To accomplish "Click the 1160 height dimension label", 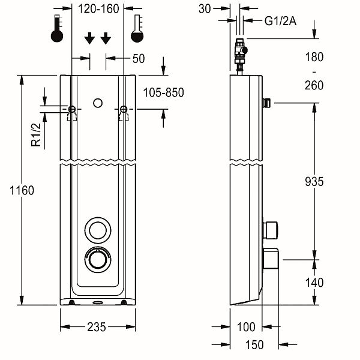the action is (22, 190).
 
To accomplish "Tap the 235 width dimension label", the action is (97, 327).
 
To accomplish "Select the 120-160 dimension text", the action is (98, 9).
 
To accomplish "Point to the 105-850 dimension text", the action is (163, 92).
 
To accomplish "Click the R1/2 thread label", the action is (36, 135).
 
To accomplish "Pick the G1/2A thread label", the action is (280, 22).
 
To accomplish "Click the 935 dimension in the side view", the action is (314, 182).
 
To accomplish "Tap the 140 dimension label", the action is (314, 283).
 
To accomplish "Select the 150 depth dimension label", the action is (254, 345).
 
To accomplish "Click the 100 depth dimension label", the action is (246, 327).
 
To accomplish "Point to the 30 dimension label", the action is (205, 9).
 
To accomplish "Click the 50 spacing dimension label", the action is (139, 59).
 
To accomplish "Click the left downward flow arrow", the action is (89, 38).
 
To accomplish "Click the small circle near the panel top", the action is (98, 103).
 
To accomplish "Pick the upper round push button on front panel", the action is (98, 230).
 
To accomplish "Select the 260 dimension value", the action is (314, 85).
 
